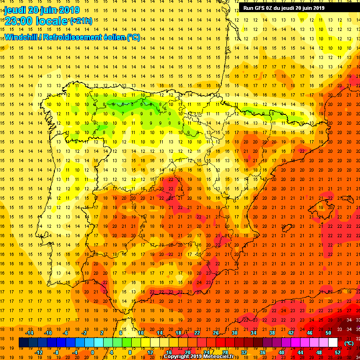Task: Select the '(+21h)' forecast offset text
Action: pos(81,21)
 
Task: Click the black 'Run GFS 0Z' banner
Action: pos(284,7)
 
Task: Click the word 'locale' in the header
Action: pos(52,21)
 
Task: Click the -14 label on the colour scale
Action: pos(29,333)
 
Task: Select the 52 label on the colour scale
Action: pos(337,352)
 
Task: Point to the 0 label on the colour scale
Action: pos(92,352)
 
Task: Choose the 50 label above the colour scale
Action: pos(328,333)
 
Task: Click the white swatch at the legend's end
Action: pos(333,342)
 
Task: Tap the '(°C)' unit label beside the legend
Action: pos(349,343)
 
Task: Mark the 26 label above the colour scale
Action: pos(216,333)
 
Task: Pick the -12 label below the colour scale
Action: pos(39,352)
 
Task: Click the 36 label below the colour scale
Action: pos(262,352)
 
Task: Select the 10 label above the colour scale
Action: pos(141,333)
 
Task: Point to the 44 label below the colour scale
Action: pos(300,352)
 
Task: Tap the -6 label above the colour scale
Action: pos(66,333)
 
